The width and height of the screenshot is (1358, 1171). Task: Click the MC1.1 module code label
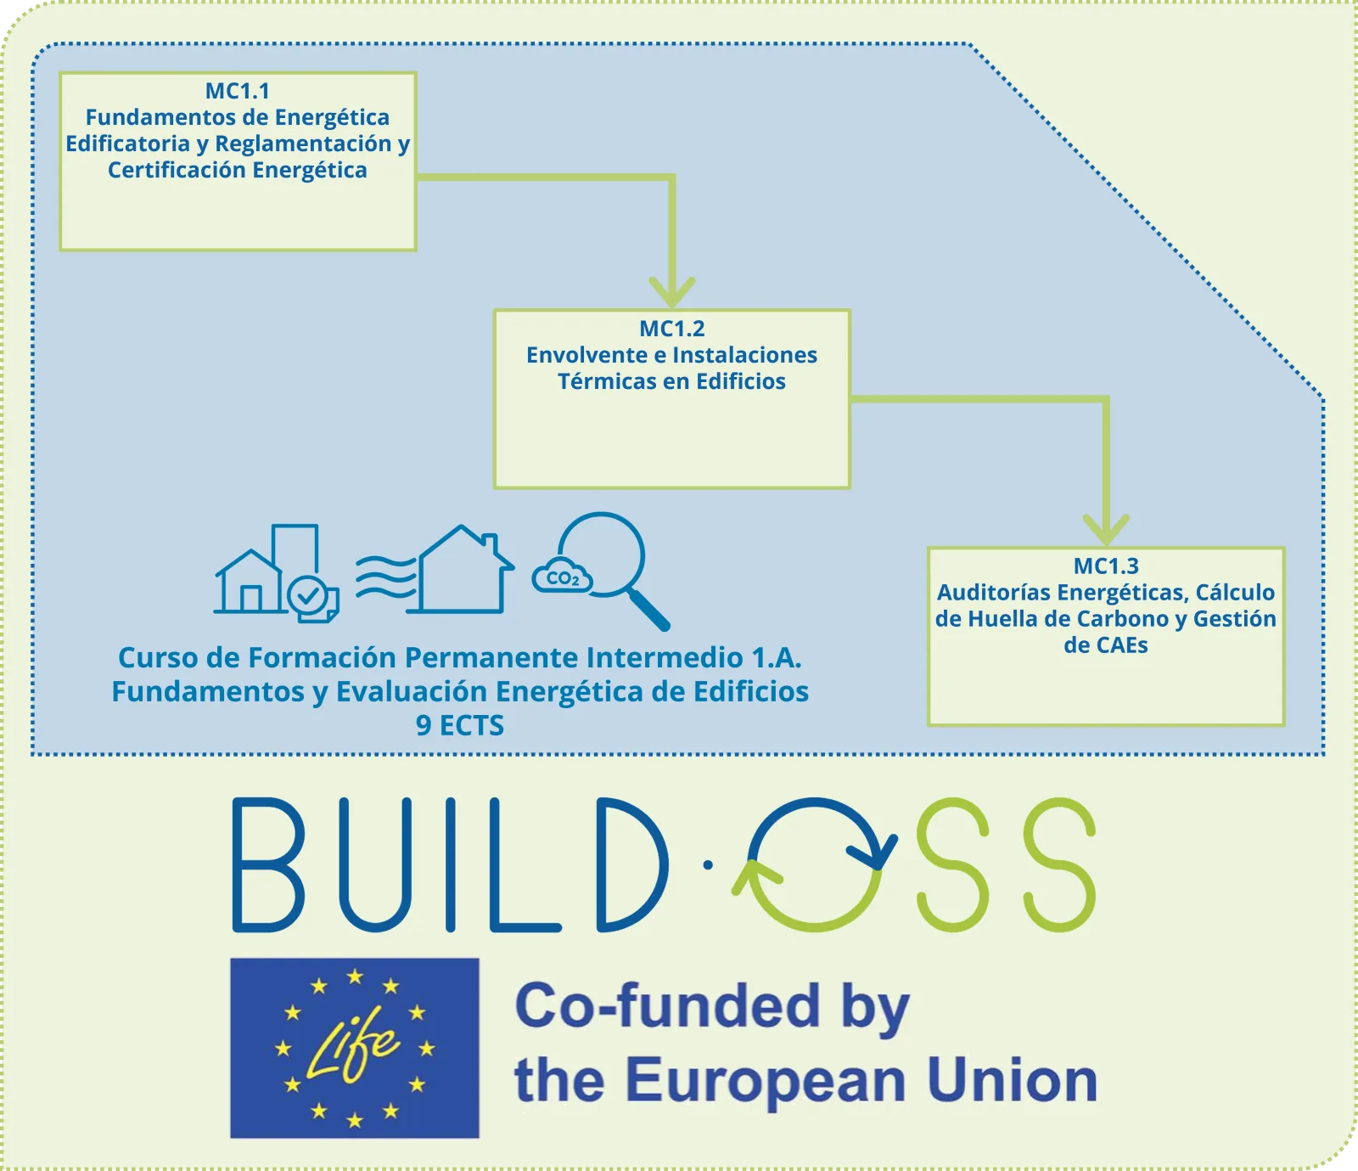coord(238,91)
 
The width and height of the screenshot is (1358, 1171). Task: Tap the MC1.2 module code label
coord(672,329)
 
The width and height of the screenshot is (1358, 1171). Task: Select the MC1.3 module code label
coord(1106,566)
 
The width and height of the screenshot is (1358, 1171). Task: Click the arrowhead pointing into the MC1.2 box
coord(672,291)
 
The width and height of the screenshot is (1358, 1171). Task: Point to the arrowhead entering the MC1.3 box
coord(1106,528)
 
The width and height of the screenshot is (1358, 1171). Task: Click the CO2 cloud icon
coord(561,577)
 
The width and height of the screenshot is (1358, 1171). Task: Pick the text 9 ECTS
coord(460,726)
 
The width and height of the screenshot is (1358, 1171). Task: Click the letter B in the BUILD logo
coord(268,864)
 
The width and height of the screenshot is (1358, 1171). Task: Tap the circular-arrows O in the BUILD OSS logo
coord(815,864)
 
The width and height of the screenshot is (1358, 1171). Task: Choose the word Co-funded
coord(667,1006)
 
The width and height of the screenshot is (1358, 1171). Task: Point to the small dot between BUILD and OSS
coord(708,865)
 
